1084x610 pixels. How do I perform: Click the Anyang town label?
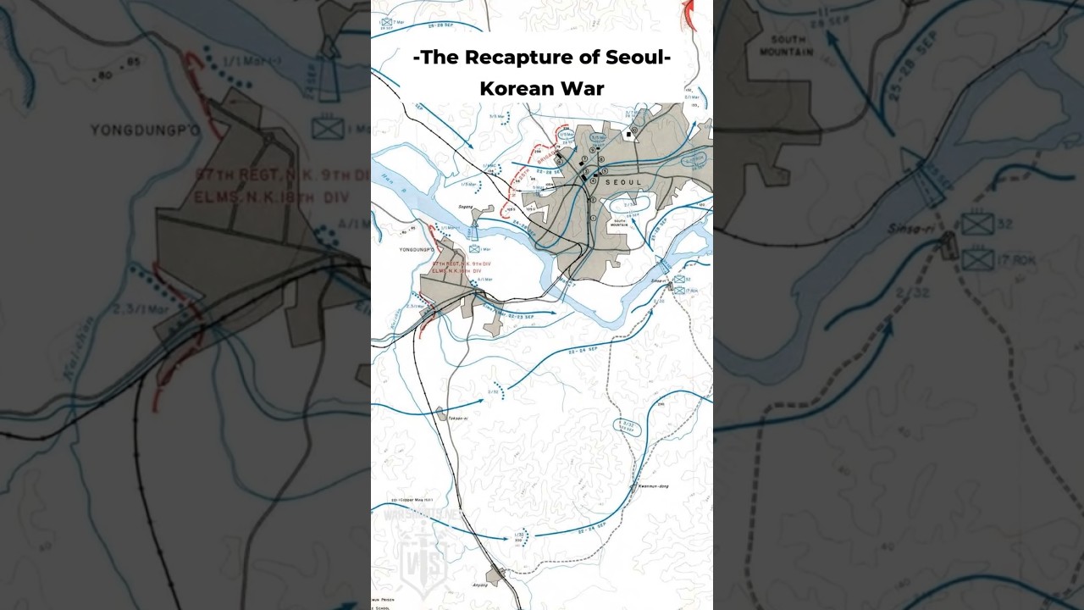click(x=479, y=585)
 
